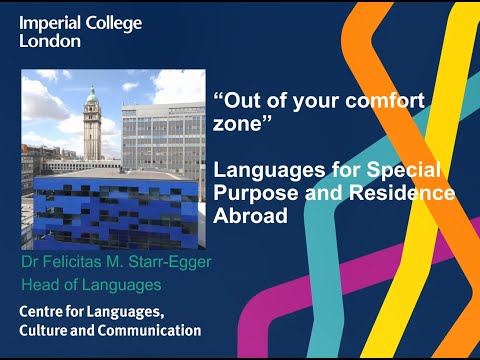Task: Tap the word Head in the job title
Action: pos(41,286)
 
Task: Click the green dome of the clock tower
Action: pos(92,96)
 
